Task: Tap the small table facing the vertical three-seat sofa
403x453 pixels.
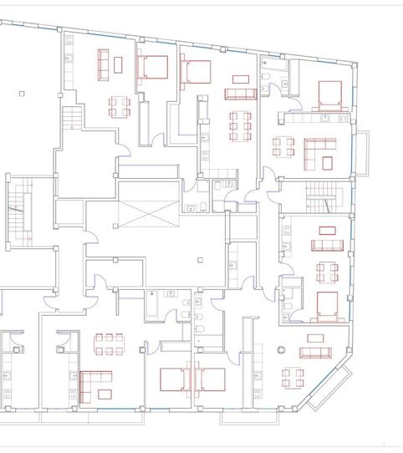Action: (x=119, y=64)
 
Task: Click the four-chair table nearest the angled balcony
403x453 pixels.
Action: (x=292, y=375)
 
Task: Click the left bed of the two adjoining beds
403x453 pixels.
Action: (x=176, y=380)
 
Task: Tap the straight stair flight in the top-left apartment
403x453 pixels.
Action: (x=75, y=116)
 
